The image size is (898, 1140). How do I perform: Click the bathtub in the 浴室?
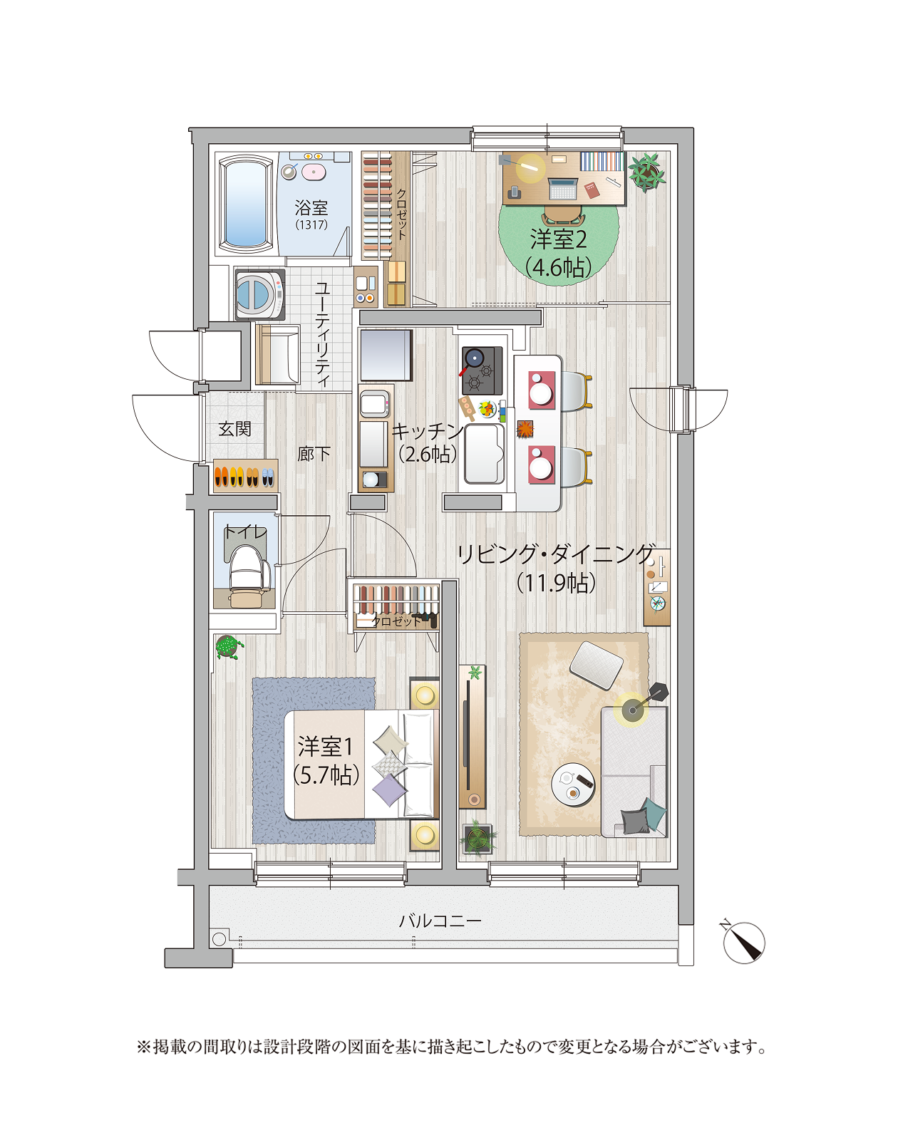tap(246, 204)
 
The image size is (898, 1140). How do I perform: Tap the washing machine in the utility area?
tap(259, 294)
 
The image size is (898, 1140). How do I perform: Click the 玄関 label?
tap(235, 428)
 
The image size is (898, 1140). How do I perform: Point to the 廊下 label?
tap(314, 453)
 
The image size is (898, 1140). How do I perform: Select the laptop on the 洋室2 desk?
tap(562, 188)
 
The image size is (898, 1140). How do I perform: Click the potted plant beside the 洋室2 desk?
tap(646, 171)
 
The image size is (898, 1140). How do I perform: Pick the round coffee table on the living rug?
tap(573, 784)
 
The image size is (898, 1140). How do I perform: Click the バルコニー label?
tap(440, 921)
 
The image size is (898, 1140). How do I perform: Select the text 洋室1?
tap(325, 747)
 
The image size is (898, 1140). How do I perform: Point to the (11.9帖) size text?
tap(556, 583)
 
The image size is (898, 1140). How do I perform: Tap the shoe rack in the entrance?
tap(245, 476)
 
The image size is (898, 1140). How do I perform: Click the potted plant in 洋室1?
tap(229, 647)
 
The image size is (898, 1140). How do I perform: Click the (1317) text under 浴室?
tap(311, 224)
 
